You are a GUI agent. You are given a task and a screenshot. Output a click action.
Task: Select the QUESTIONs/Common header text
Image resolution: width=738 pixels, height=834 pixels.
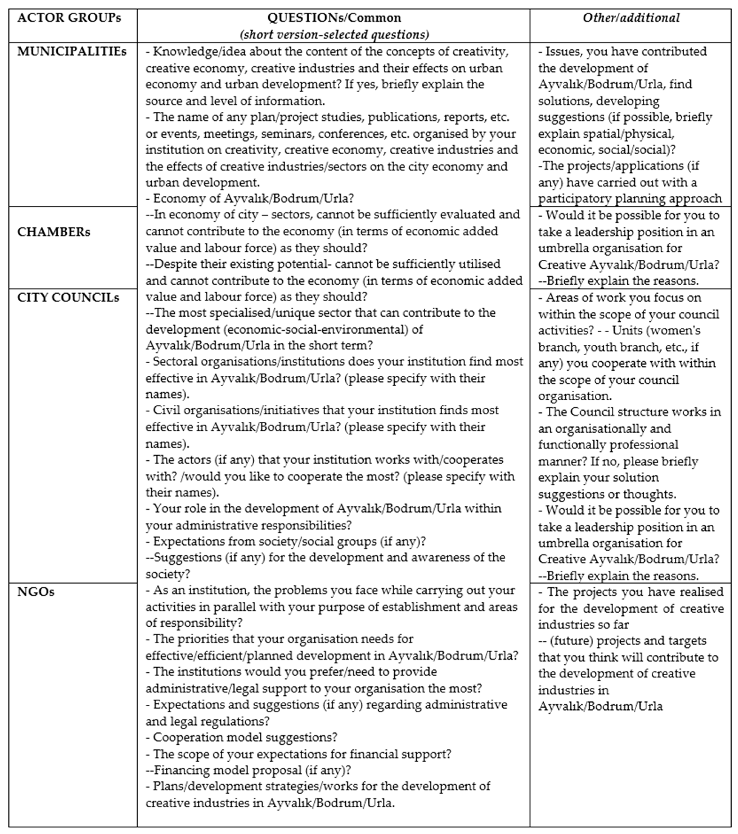(334, 18)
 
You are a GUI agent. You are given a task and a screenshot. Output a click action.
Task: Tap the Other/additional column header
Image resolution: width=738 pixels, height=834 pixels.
(631, 18)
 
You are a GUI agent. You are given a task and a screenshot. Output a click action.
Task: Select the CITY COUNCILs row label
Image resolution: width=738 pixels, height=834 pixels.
(68, 298)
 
